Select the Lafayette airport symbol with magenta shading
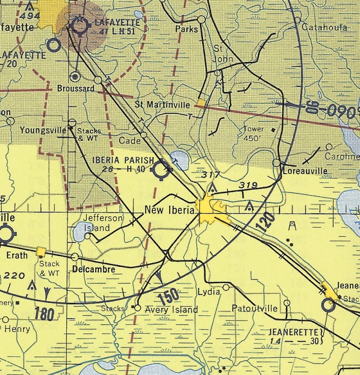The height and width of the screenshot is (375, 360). click(x=79, y=25)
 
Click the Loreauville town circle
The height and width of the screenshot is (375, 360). click(x=276, y=162)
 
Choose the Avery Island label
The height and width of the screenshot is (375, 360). click(x=170, y=309)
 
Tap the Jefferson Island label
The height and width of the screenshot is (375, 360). click(x=103, y=223)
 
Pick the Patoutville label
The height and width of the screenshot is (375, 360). click(x=255, y=309)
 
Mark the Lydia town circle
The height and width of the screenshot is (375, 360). click(x=226, y=288)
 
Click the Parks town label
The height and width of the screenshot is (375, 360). click(x=186, y=29)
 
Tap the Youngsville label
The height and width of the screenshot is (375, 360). click(x=42, y=130)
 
